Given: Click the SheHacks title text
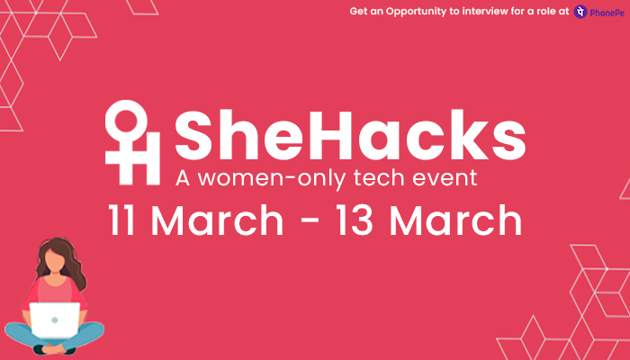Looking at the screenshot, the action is pyautogui.click(x=350, y=135).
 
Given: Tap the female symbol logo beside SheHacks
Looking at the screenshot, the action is pyautogui.click(x=132, y=142).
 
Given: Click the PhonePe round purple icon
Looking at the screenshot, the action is pyautogui.click(x=580, y=12).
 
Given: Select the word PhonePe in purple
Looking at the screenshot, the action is pyautogui.click(x=607, y=13).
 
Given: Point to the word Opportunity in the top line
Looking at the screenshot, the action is pyautogui.click(x=416, y=12).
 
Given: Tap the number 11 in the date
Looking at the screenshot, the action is pyautogui.click(x=121, y=220).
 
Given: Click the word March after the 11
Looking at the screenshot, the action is pyautogui.click(x=218, y=220).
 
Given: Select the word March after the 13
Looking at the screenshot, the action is pyautogui.click(x=455, y=220).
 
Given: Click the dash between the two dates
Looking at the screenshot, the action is pyautogui.click(x=310, y=221).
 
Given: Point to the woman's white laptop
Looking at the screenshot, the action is pyautogui.click(x=55, y=320).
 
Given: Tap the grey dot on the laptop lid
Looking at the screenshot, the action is pyautogui.click(x=55, y=320).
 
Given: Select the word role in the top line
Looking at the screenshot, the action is pyautogui.click(x=545, y=11).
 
